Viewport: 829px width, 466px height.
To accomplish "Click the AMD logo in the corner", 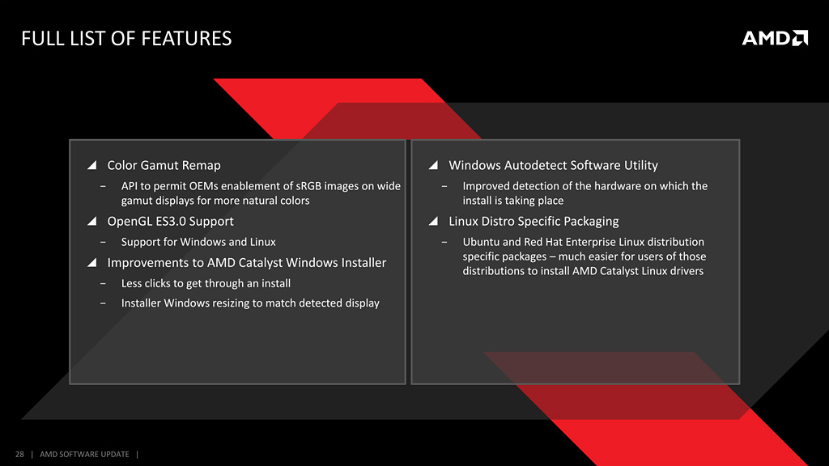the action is [775, 38].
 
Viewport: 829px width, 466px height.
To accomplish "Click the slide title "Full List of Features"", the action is [126, 39].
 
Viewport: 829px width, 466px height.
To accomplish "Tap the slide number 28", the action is [19, 454].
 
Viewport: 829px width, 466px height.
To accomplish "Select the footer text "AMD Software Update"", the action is [84, 454].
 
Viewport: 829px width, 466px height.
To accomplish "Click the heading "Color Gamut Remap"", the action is [164, 165].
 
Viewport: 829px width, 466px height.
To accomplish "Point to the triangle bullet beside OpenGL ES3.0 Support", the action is [92, 221].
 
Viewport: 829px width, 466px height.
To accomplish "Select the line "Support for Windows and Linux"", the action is [198, 242].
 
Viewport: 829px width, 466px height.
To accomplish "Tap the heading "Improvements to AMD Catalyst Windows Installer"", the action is [247, 263].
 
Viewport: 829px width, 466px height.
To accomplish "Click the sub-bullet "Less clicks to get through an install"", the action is [206, 283].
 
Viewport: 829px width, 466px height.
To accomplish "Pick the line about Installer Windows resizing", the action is [250, 303].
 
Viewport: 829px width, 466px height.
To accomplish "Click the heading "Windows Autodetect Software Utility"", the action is [554, 165].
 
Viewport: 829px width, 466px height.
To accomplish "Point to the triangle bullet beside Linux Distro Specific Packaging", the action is [434, 221].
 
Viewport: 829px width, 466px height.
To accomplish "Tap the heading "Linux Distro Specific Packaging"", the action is [534, 222].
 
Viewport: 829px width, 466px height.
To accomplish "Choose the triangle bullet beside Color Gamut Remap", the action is [92, 165].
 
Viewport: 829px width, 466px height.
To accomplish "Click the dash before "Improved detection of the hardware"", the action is [444, 186].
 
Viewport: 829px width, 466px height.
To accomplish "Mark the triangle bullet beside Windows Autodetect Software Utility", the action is [434, 165].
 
